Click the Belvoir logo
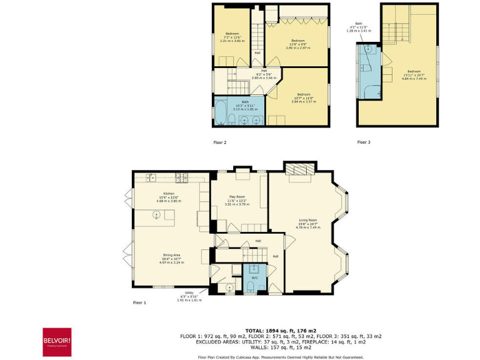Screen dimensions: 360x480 56,342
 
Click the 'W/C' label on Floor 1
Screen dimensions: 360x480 254,278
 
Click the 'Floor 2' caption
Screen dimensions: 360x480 220,142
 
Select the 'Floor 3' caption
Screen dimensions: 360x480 364,142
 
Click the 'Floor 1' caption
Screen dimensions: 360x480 139,302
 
